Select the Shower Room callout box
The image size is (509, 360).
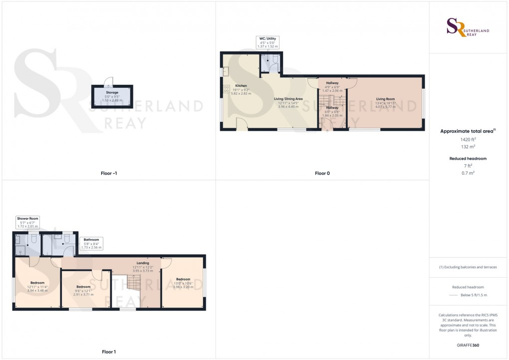[28, 223]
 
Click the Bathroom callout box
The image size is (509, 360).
[91, 243]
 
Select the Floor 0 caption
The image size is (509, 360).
[322, 173]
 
